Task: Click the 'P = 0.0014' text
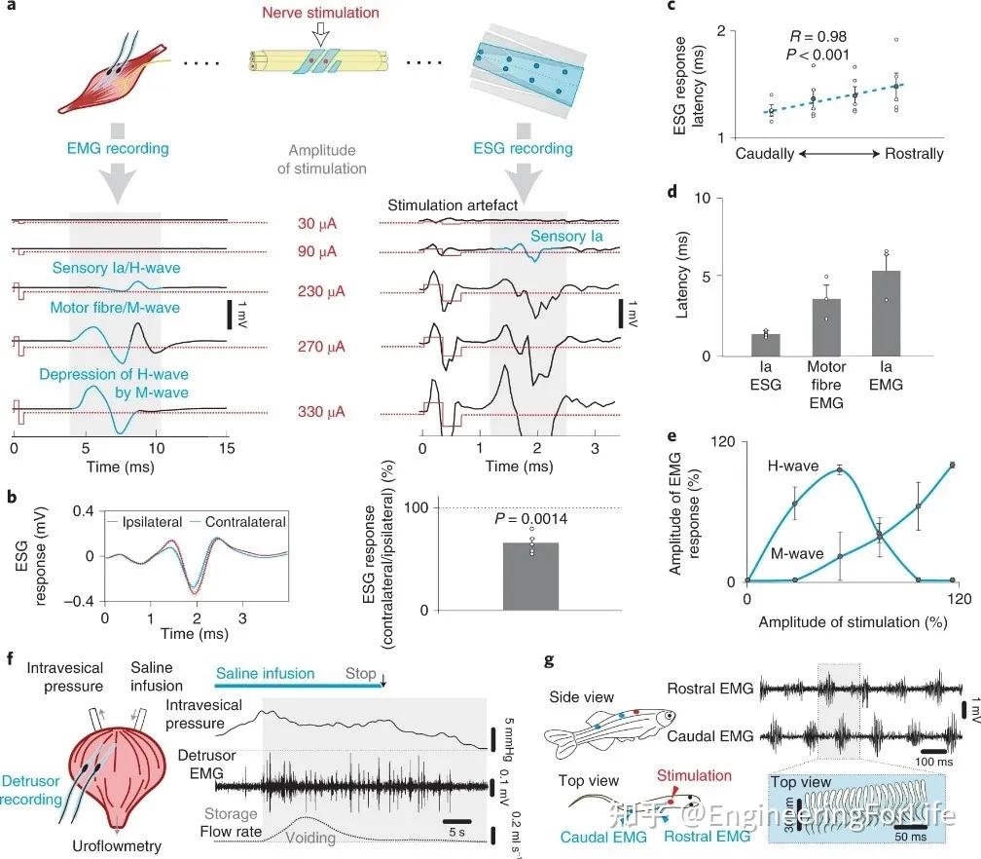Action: [531, 521]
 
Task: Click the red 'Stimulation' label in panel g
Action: [695, 775]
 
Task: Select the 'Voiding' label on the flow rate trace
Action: [311, 837]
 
